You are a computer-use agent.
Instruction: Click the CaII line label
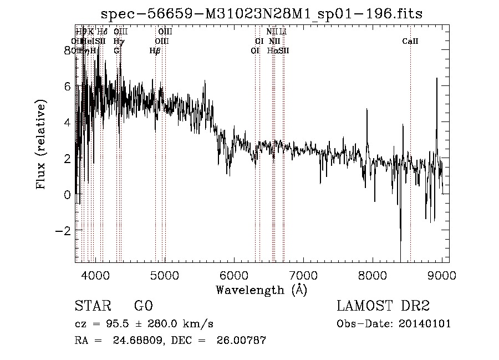coord(410,41)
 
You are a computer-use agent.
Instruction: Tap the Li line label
coord(283,32)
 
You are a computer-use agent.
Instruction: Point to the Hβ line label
coord(155,50)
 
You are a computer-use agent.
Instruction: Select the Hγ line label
coord(119,41)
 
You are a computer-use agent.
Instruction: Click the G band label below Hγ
coord(116,50)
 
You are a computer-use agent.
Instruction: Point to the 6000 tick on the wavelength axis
coord(234,276)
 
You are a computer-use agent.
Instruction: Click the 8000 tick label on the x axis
coord(372,276)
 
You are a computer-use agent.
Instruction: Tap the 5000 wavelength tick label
coord(165,276)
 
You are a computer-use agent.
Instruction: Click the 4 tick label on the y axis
coord(67,122)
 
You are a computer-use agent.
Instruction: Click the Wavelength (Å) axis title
coord(261,290)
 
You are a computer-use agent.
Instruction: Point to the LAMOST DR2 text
coord(383,307)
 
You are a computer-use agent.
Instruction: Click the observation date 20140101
coord(425,324)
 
